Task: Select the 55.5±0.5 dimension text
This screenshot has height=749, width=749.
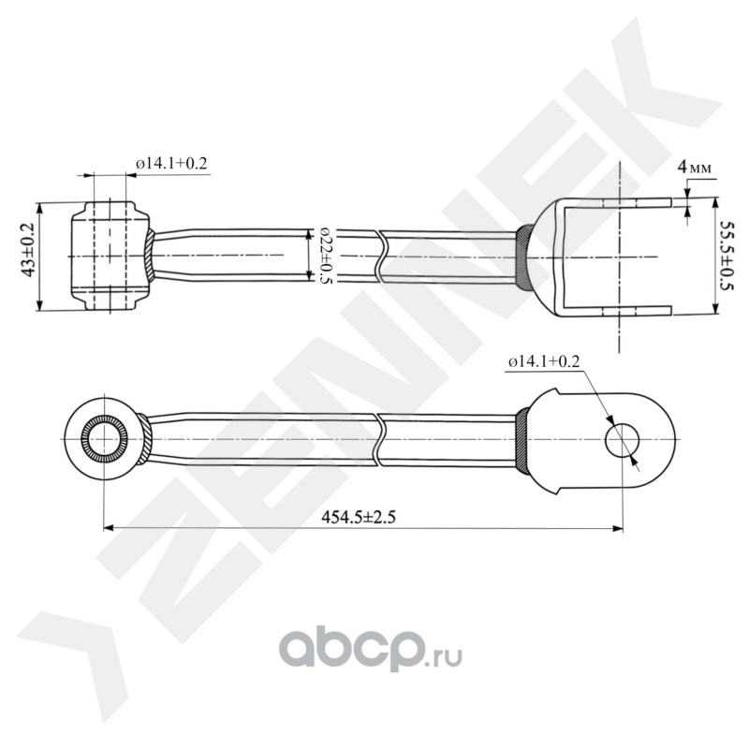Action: pyautogui.click(x=727, y=256)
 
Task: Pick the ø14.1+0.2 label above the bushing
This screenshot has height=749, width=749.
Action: pyautogui.click(x=171, y=163)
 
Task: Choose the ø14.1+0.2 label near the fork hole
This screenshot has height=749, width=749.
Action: pyautogui.click(x=544, y=361)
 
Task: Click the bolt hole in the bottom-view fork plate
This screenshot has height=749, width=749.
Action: pyautogui.click(x=622, y=439)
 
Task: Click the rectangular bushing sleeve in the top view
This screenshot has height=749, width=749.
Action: pyautogui.click(x=110, y=256)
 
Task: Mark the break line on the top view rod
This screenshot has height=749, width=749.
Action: pyautogui.click(x=382, y=255)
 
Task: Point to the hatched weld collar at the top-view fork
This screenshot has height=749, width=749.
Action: pyautogui.click(x=524, y=257)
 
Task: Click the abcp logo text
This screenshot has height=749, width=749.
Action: pyautogui.click(x=355, y=647)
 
